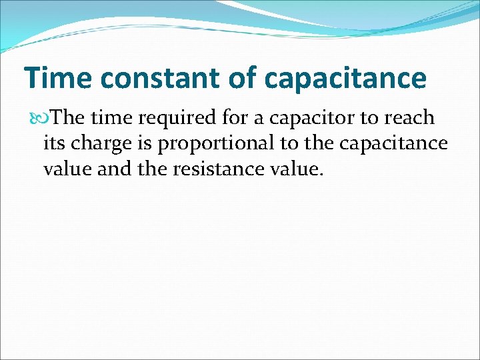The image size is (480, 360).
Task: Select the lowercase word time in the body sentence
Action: click(x=110, y=118)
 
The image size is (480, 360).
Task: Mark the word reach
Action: click(x=408, y=118)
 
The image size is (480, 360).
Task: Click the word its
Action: click(x=54, y=143)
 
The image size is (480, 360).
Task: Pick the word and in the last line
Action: click(x=115, y=169)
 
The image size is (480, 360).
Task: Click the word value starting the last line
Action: click(x=68, y=169)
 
